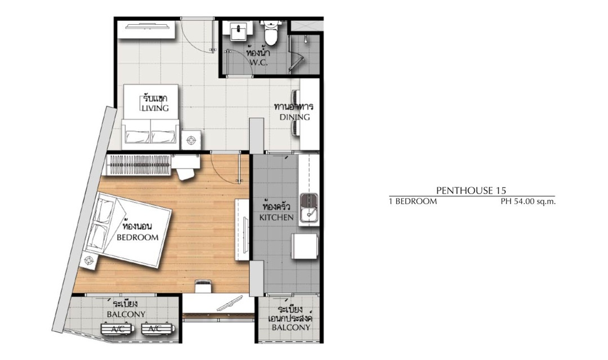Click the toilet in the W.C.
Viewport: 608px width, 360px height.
tap(271, 32)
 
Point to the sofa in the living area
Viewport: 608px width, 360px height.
tap(150, 134)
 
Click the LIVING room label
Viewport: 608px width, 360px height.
tap(155, 108)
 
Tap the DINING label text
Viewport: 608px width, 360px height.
tap(294, 117)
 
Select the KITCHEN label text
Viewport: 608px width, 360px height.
tap(276, 217)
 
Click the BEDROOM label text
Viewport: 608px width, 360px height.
tap(138, 237)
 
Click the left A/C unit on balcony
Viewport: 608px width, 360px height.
tap(118, 329)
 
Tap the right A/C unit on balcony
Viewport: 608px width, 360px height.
tap(158, 329)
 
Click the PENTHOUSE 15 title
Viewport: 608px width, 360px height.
tap(471, 190)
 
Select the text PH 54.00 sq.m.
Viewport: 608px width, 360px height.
tap(528, 201)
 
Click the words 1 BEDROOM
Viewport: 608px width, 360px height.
tap(413, 201)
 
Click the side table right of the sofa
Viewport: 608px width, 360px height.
tap(191, 140)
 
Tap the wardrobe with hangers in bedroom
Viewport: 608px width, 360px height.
tap(138, 165)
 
